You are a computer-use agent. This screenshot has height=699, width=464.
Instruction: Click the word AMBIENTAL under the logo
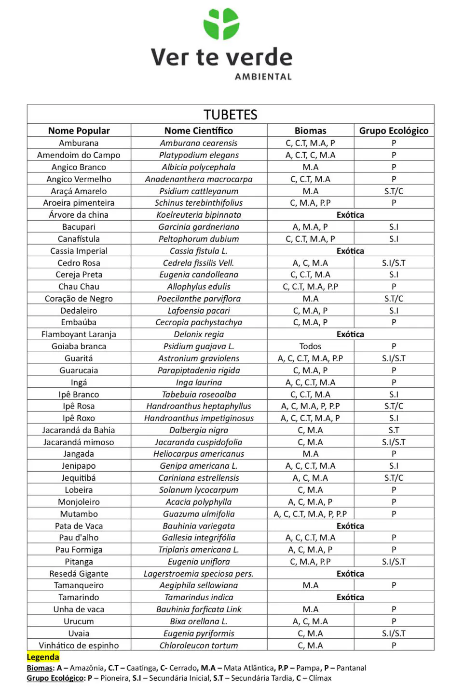click(263, 77)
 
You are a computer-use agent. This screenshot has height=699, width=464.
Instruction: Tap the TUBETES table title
click(231, 115)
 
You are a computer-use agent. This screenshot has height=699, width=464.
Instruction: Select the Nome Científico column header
click(199, 131)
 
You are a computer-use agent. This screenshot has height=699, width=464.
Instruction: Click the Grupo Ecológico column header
click(394, 131)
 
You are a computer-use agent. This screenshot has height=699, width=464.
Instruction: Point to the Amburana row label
click(79, 143)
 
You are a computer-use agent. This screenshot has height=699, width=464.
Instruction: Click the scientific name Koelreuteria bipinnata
click(199, 215)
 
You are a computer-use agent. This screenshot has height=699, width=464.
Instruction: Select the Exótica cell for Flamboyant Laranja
click(350, 334)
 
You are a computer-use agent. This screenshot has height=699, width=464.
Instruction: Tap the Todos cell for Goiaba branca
click(310, 346)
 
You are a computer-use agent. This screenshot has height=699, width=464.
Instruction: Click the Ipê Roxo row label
click(79, 418)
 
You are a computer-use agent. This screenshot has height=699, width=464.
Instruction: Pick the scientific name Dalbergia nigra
click(199, 430)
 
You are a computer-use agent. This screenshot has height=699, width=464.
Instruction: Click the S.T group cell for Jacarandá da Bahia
click(394, 430)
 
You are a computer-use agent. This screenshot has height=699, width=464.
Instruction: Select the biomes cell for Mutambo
click(310, 514)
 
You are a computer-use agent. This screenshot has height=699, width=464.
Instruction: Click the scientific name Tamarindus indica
click(199, 597)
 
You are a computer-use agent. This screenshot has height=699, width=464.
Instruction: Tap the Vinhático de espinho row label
click(79, 646)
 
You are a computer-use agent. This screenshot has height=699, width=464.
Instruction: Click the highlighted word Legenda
click(43, 657)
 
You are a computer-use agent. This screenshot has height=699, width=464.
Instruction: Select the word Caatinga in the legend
click(141, 668)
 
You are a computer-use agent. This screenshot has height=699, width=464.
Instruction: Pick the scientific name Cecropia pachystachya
click(199, 322)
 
